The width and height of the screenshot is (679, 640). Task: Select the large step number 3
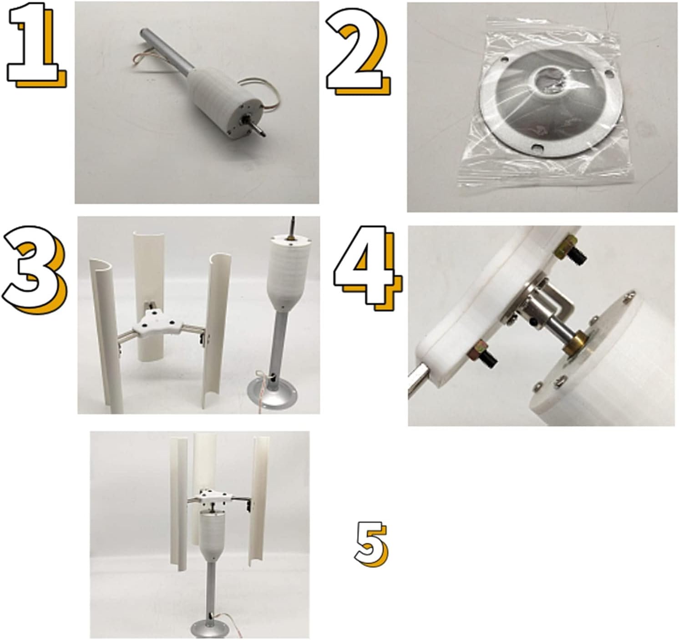34,273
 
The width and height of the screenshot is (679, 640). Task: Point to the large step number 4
366,269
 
